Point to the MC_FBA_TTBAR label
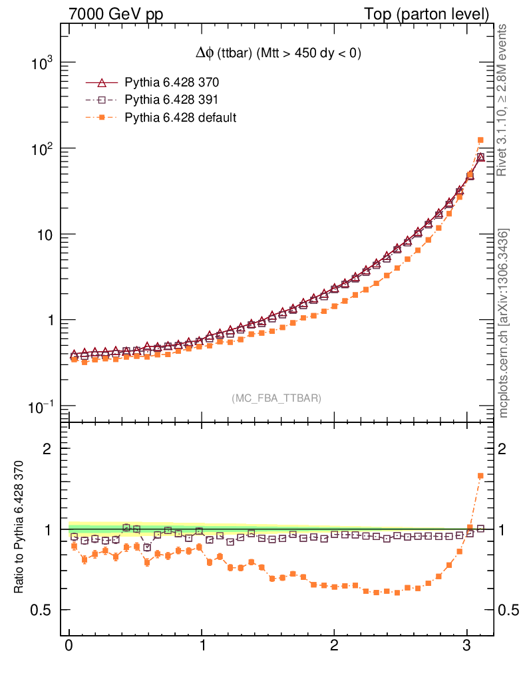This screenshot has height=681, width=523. pos(276,398)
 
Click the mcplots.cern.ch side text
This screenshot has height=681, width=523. pos(504,323)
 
